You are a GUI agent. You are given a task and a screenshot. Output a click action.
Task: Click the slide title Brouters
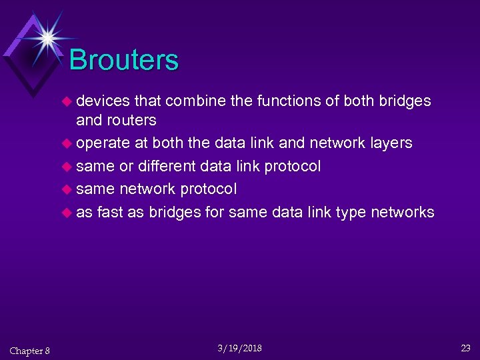pyautogui.click(x=123, y=60)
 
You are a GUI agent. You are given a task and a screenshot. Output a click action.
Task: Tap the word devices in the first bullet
pyautogui.click(x=103, y=101)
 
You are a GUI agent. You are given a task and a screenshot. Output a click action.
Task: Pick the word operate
pyautogui.click(x=103, y=143)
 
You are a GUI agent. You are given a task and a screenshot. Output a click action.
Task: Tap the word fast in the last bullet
pyautogui.click(x=109, y=213)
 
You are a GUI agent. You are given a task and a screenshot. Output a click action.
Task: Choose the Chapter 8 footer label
pyautogui.click(x=29, y=351)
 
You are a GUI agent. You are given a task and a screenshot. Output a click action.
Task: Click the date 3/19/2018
pyautogui.click(x=240, y=349)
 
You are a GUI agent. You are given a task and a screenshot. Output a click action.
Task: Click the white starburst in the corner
pyautogui.click(x=47, y=37)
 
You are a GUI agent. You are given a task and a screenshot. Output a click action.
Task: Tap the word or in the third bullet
pyautogui.click(x=127, y=166)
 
